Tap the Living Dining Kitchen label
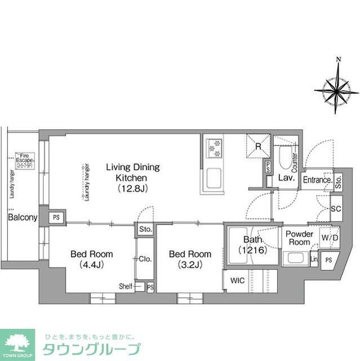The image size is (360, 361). click(x=133, y=178)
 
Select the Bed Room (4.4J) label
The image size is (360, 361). click(x=91, y=259)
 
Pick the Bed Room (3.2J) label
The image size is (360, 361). click(x=190, y=259)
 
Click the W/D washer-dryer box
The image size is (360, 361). click(x=330, y=237)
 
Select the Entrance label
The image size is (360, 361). click(x=317, y=180)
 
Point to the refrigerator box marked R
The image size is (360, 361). click(x=257, y=146)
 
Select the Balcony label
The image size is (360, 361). click(x=23, y=217)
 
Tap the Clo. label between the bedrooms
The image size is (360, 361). click(x=145, y=259)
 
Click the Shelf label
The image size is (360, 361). click(x=125, y=287)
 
